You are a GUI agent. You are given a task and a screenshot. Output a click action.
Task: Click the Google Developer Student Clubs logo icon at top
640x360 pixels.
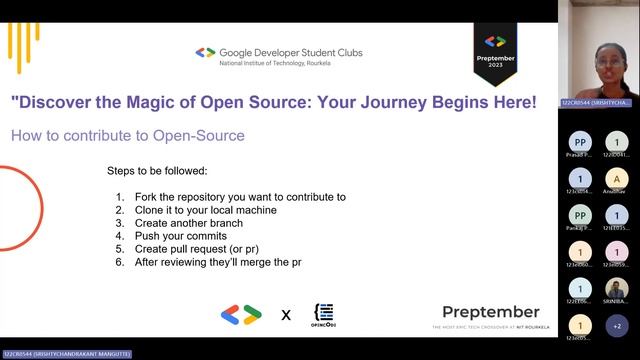(x=205, y=52)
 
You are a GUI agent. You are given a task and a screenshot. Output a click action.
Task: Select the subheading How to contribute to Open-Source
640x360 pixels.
(x=127, y=135)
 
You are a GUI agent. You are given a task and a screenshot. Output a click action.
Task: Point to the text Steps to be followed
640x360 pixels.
(x=157, y=170)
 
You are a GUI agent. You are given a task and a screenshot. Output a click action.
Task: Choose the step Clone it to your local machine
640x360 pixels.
(x=205, y=210)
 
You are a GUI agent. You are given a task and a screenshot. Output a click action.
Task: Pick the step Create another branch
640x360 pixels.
(x=185, y=223)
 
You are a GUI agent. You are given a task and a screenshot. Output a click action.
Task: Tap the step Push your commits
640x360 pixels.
(x=180, y=236)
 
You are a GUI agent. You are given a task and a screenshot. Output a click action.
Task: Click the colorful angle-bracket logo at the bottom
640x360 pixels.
(x=241, y=314)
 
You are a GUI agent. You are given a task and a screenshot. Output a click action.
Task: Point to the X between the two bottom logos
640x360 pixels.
(x=286, y=315)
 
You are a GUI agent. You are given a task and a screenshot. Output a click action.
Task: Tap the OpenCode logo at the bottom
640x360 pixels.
(x=324, y=314)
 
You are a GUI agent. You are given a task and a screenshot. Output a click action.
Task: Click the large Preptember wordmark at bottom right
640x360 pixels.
(x=490, y=312)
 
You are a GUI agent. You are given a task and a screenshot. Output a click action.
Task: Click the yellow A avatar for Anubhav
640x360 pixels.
(x=617, y=179)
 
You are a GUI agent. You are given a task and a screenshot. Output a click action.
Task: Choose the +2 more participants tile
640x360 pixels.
(x=617, y=325)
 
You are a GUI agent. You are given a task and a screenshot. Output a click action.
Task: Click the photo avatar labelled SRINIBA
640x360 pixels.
(x=617, y=288)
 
